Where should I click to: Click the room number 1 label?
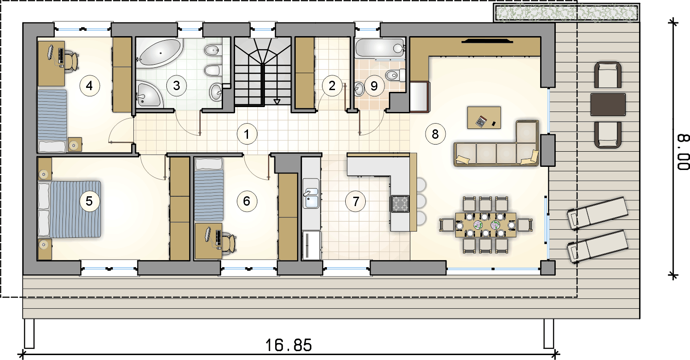[x=247, y=134]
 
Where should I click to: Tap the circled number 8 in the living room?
[x=435, y=134]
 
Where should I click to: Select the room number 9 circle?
[x=374, y=86]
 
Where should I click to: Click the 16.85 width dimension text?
[x=289, y=345]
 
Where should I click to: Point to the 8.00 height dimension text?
[x=682, y=152]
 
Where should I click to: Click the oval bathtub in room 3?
[x=159, y=53]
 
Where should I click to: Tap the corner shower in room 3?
[x=149, y=94]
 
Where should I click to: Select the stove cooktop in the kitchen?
[x=400, y=203]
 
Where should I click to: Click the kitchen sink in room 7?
[x=311, y=194]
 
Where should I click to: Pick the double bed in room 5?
[x=69, y=209]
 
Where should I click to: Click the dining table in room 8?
[x=486, y=225]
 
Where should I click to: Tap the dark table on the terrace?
[x=608, y=105]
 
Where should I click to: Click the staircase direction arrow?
[x=277, y=102]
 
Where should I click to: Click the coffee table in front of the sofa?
[x=484, y=118]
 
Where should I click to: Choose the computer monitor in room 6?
[x=208, y=234]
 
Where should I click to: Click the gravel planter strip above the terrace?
[x=566, y=12]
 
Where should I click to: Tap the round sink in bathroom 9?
[x=359, y=89]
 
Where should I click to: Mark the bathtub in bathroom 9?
[x=380, y=48]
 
